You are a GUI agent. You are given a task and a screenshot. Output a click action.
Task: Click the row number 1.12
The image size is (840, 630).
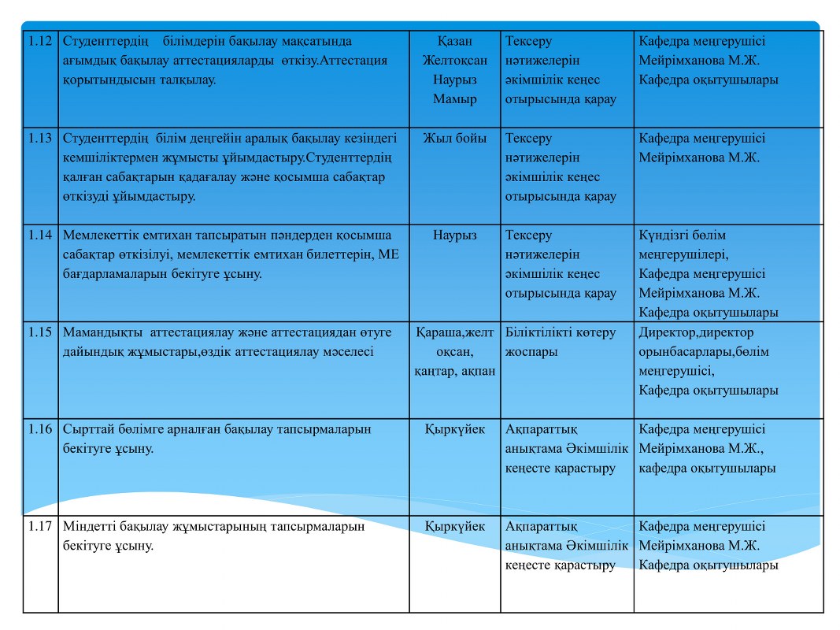pyautogui.click(x=40, y=42)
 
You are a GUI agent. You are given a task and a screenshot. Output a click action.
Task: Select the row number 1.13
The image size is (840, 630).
pyautogui.click(x=40, y=139)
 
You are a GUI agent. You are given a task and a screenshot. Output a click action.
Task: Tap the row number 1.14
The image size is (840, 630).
pyautogui.click(x=40, y=235)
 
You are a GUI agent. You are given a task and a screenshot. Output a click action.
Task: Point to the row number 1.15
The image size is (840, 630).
pyautogui.click(x=40, y=332)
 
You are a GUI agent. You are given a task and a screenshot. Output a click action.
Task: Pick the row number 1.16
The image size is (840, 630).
pyautogui.click(x=40, y=430)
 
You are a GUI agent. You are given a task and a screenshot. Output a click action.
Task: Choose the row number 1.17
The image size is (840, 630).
pyautogui.click(x=40, y=527)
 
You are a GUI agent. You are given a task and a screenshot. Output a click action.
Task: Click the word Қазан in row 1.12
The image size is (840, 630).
pyautogui.click(x=455, y=42)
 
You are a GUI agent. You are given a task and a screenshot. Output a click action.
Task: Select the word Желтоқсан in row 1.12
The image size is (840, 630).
pyautogui.click(x=455, y=61)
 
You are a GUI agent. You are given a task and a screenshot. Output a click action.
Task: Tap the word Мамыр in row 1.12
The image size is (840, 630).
pyautogui.click(x=455, y=99)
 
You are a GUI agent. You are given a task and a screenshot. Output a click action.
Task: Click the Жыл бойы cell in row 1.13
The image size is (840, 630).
pyautogui.click(x=455, y=139)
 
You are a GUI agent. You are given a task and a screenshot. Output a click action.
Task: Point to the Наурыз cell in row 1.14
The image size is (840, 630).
pyautogui.click(x=455, y=235)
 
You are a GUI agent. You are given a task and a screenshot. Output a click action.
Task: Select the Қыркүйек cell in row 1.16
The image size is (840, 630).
pyautogui.click(x=455, y=430)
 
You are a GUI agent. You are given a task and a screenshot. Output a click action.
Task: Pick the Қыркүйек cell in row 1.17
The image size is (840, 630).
pyautogui.click(x=455, y=527)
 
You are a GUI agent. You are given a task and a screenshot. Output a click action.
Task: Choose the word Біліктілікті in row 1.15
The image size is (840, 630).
pyautogui.click(x=539, y=332)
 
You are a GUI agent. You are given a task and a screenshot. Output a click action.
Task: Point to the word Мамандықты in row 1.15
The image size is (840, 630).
pyautogui.click(x=101, y=332)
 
